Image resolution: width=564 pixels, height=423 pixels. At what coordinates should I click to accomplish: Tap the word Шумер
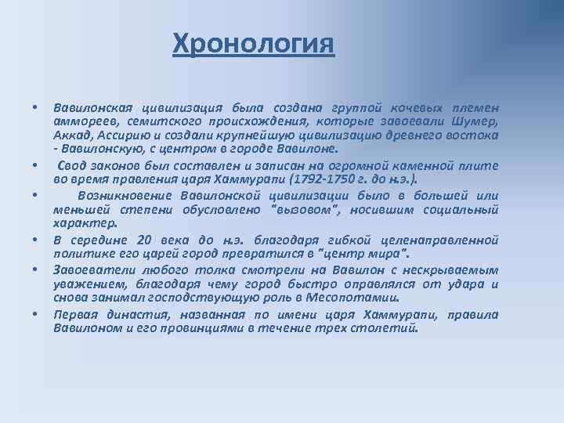pyautogui.click(x=478, y=121)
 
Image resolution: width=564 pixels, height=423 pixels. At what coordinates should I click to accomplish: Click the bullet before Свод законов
pyautogui.click(x=35, y=166)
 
